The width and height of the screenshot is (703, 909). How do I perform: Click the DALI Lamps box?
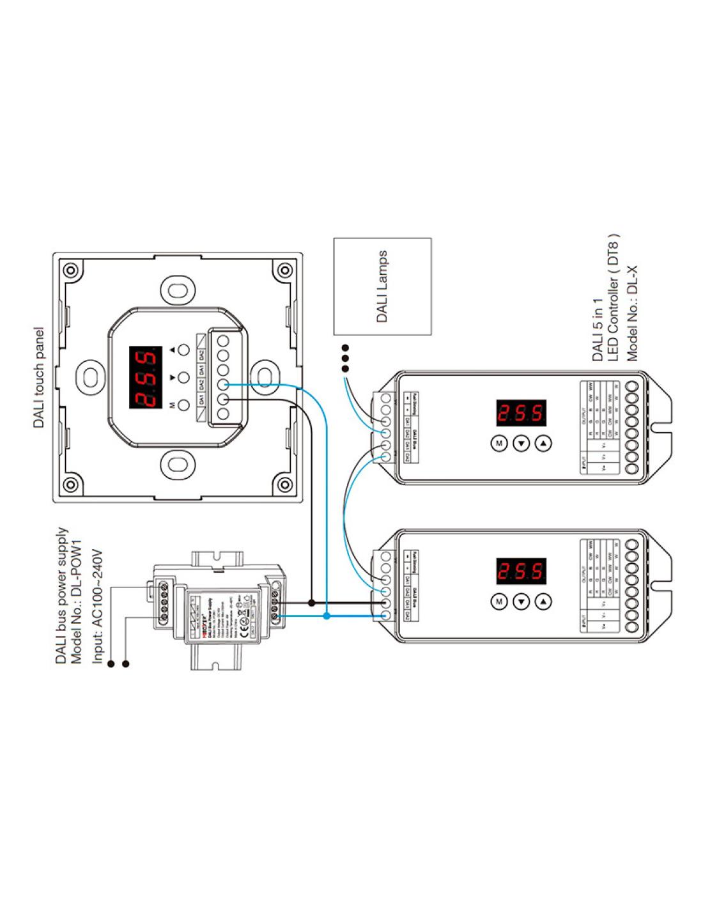[382, 286]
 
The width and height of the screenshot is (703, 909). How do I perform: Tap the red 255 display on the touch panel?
[144, 378]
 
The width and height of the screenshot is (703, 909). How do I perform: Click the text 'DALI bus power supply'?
[62, 595]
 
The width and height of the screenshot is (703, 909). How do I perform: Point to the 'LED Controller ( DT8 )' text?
[614, 299]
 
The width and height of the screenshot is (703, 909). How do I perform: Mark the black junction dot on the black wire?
[311, 602]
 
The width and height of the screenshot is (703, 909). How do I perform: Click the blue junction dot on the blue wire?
[327, 616]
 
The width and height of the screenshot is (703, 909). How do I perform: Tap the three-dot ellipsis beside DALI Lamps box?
[345, 358]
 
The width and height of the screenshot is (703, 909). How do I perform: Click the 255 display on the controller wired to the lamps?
[521, 412]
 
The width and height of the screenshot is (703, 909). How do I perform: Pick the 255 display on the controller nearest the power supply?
[521, 571]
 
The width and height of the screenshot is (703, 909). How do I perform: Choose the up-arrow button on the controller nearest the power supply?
[543, 601]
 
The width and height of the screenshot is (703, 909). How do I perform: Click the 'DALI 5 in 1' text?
[598, 329]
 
